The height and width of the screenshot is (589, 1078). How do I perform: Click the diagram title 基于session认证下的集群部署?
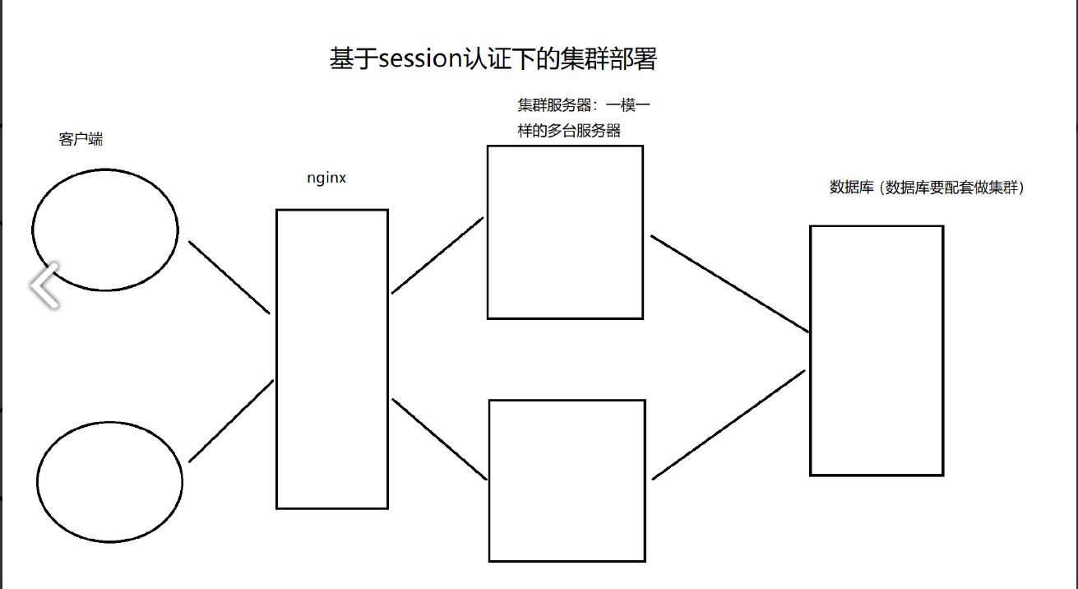coord(493,59)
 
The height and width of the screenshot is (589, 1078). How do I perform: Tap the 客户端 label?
coord(81,139)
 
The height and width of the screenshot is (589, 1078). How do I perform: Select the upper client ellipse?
coord(105,230)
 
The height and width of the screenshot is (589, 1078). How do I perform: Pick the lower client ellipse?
coord(109,482)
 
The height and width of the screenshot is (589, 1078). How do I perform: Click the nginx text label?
coord(326,178)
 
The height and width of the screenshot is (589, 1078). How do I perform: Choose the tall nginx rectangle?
coord(331,359)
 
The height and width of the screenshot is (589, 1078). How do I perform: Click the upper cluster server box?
coord(565,232)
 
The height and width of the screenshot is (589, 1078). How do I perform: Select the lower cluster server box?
coord(567,480)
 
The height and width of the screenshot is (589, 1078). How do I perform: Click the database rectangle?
coord(876,350)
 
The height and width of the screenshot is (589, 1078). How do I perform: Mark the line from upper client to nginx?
coord(229,277)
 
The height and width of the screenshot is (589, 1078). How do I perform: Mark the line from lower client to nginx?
coord(231,420)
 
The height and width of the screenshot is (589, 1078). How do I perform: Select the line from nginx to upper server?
coord(437,255)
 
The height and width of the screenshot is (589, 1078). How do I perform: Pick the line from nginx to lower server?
coord(440,438)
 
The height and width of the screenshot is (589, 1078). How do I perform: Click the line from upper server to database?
coord(730,284)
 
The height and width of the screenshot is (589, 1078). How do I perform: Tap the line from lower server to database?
coord(729,424)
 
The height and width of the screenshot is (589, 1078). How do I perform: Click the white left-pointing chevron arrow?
coord(45,285)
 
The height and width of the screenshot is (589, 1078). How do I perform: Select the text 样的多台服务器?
coord(569,131)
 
